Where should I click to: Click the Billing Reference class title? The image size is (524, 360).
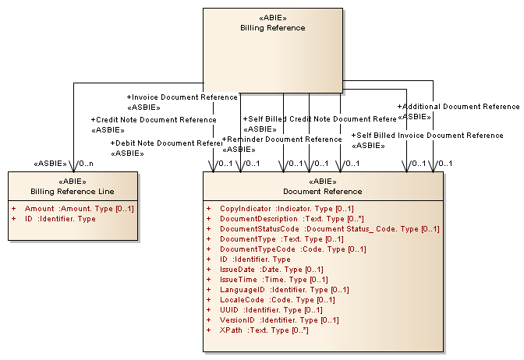pyautogui.click(x=272, y=28)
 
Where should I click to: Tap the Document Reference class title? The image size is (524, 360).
pyautogui.click(x=323, y=191)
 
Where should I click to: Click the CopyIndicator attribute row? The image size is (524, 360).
pyautogui.click(x=286, y=209)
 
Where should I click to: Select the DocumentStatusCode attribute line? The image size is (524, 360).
pyautogui.click(x=329, y=229)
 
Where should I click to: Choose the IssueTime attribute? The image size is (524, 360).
pyautogui.click(x=273, y=280)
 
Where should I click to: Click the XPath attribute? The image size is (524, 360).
pyautogui.click(x=264, y=330)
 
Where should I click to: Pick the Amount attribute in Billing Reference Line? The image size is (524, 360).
pyautogui.click(x=80, y=209)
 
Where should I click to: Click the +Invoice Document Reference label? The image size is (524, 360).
pyautogui.click(x=182, y=97)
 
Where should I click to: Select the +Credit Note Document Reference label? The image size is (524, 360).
pyautogui.click(x=154, y=120)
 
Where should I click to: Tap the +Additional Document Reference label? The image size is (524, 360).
pyautogui.click(x=458, y=107)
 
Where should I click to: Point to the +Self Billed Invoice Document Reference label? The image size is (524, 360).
pyautogui.click(x=427, y=136)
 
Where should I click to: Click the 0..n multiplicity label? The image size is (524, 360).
pyautogui.click(x=85, y=164)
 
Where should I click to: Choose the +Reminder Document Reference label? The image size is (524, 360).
pyautogui.click(x=282, y=139)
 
